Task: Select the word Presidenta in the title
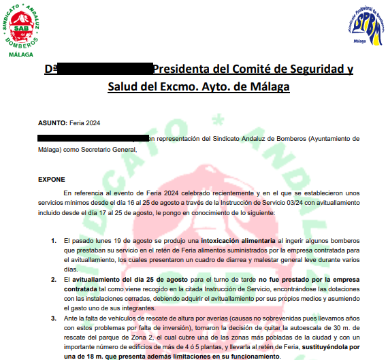[x=184, y=69]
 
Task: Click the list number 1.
[x=54, y=241]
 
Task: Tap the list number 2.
[x=54, y=280]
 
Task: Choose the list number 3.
[x=54, y=318]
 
